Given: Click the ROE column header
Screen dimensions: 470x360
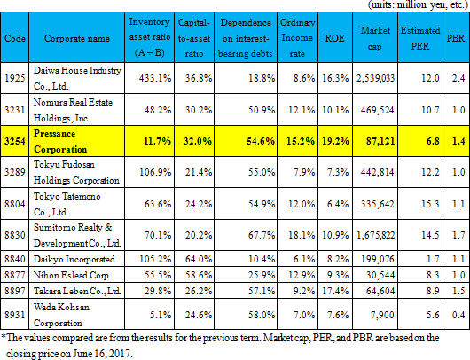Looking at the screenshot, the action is pos(334,38).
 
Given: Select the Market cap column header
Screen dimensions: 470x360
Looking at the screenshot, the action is pos(375,38).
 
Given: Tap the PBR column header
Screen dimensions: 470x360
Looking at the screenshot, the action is pos(455,38).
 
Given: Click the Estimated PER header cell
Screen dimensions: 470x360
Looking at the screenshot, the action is pos(420,38).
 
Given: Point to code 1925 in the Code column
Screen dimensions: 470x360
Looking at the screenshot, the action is pos(15,78).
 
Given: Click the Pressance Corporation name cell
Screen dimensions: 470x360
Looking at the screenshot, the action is pos(60,141).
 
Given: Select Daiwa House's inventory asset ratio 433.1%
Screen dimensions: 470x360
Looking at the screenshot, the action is pos(155,78).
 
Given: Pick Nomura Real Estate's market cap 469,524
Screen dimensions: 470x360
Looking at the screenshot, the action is pos(377,110).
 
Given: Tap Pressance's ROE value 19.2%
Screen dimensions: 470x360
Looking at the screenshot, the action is pos(335,141).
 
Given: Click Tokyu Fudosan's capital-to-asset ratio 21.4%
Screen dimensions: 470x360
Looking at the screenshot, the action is pos(198,172).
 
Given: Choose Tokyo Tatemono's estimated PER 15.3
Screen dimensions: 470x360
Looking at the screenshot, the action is pos(430,204).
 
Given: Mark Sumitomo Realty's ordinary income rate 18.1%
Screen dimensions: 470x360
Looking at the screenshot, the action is pos(302,235).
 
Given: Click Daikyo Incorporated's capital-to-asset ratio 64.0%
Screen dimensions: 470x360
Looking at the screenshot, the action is pos(198,259).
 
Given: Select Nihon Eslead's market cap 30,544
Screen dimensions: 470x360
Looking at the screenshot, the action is pos(380,275).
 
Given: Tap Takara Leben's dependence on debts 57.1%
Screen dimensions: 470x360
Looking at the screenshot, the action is pos(262,291).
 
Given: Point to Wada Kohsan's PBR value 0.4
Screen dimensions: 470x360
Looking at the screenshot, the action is pos(458,315).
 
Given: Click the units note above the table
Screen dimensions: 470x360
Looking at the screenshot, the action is pos(419,5).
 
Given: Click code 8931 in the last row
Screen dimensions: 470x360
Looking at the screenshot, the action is pos(15,315).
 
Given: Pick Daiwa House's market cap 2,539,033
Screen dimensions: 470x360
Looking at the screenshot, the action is pos(375,78).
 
